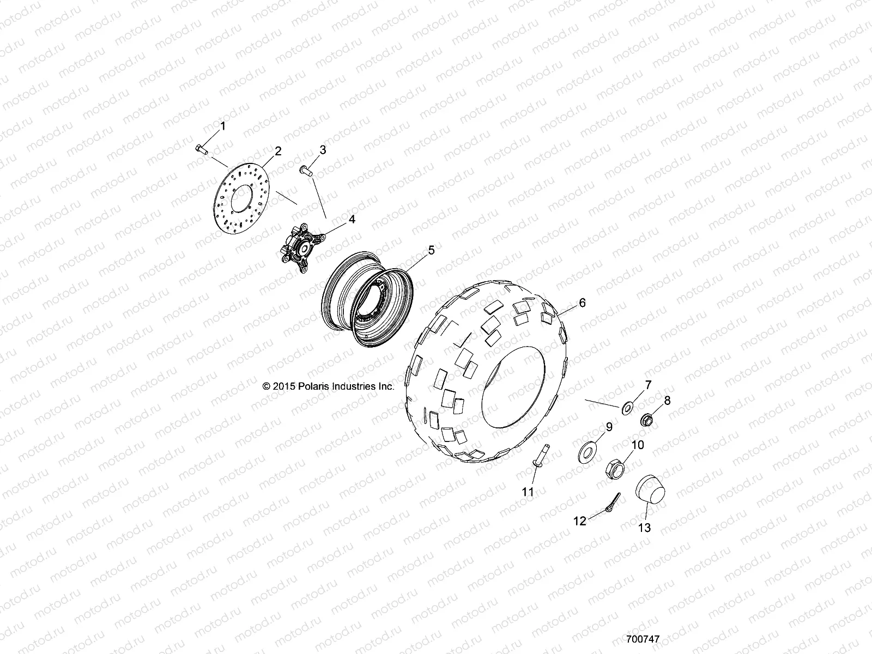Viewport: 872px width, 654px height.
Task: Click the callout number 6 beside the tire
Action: point(583,302)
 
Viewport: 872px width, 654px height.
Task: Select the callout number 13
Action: point(645,528)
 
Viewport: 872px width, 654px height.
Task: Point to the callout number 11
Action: point(528,492)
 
